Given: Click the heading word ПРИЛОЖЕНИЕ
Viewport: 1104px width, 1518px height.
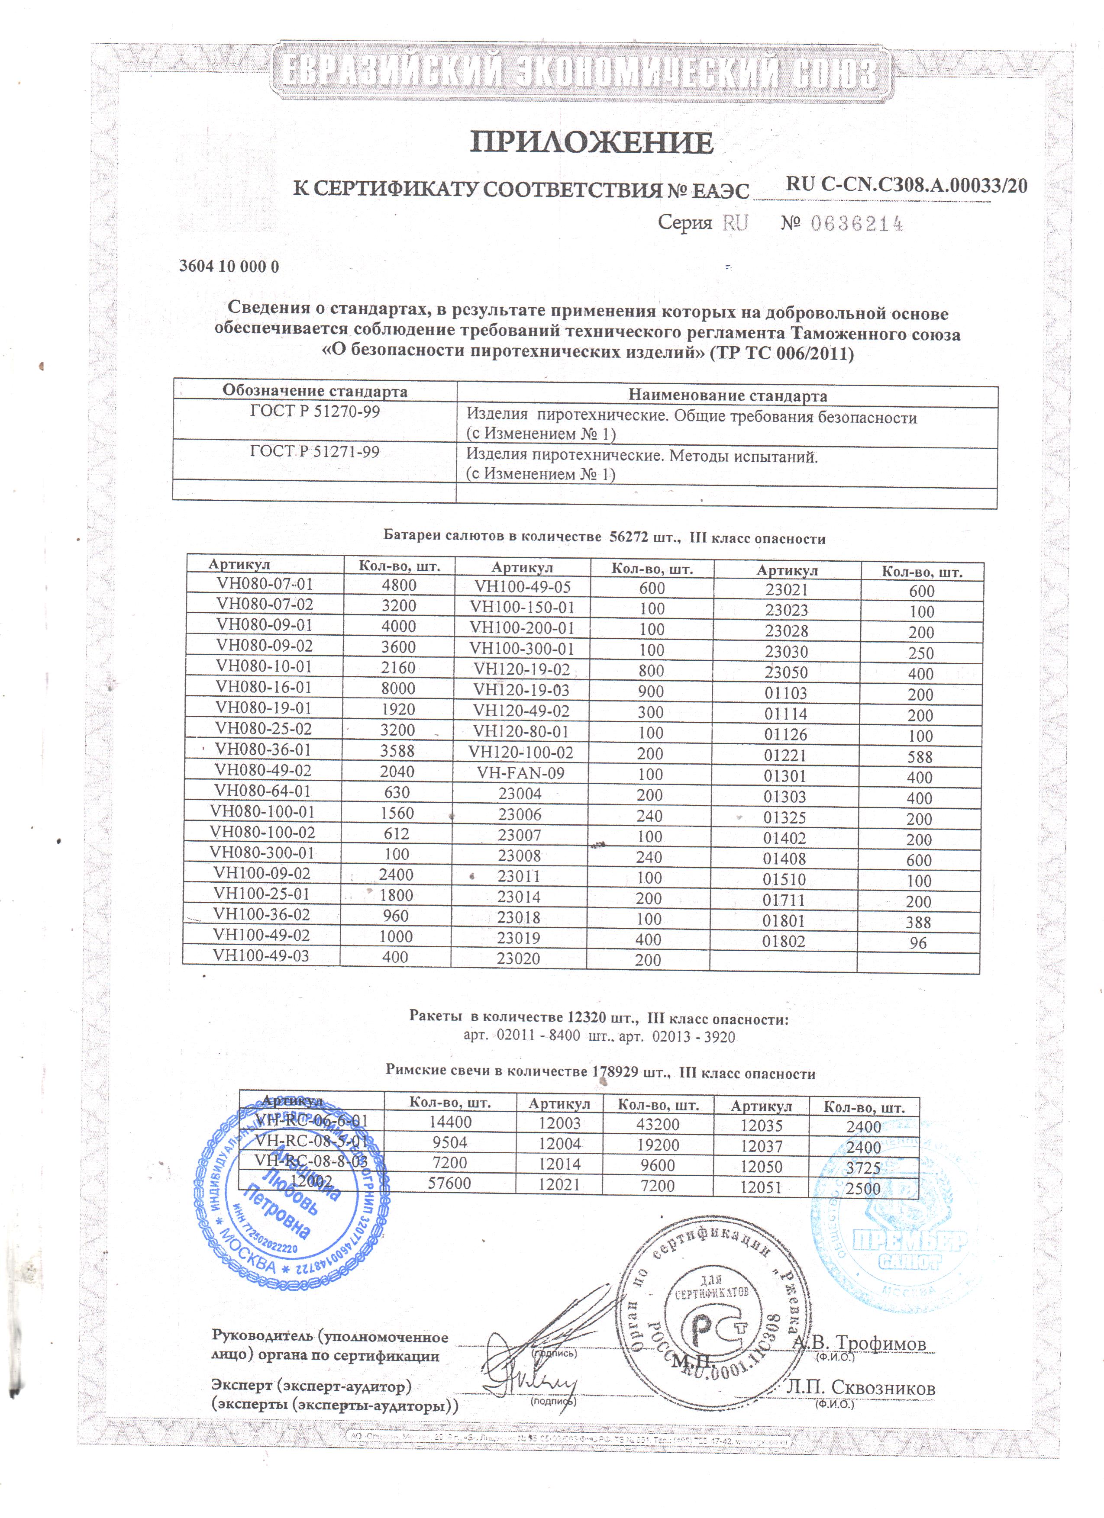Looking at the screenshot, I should (x=592, y=142).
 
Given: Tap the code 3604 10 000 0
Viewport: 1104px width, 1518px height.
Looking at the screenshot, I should (x=229, y=267).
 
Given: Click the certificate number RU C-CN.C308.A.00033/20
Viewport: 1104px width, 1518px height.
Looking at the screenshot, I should (x=906, y=185).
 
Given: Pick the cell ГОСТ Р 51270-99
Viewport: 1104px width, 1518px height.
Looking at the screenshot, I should (x=315, y=411).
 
